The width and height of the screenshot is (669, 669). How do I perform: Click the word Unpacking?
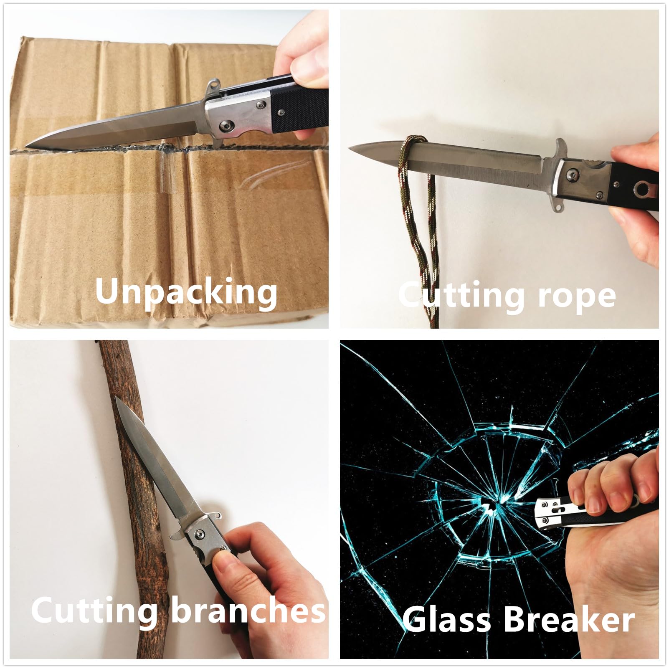[186, 292]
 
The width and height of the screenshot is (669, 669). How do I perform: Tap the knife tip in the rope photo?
[349, 147]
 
